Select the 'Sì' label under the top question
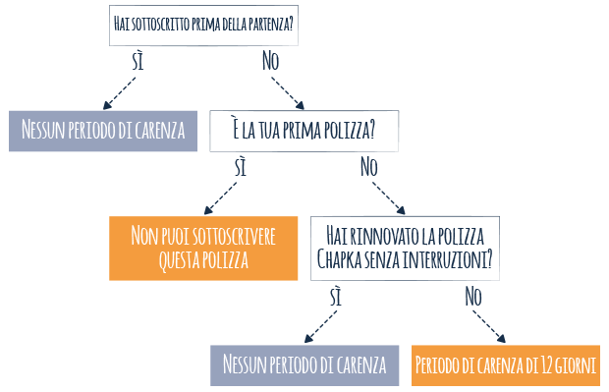point(141,60)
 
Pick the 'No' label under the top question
point(271,60)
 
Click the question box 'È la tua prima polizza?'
point(304,131)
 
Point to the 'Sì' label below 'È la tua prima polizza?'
point(241,167)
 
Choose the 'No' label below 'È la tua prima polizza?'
point(368,167)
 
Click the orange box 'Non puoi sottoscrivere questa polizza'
point(202,248)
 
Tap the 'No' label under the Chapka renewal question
point(472,295)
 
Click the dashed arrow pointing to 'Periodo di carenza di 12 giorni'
point(489,325)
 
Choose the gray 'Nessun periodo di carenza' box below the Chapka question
point(304,365)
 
